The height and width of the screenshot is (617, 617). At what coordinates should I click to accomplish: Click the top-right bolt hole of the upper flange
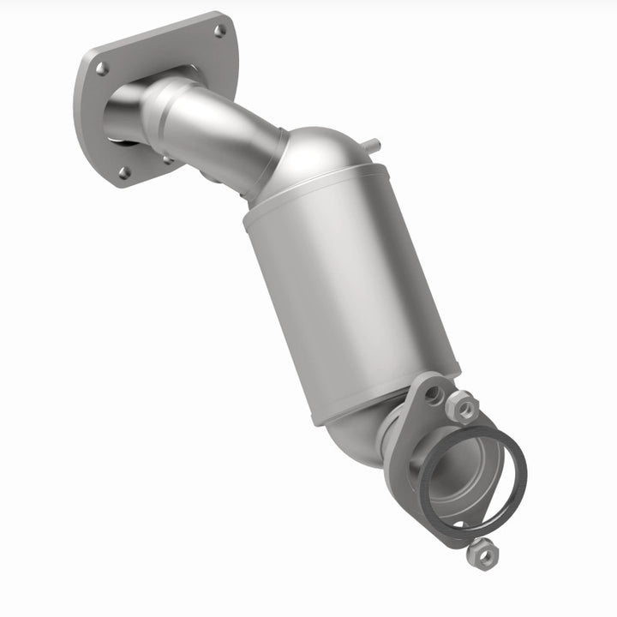pyautogui.click(x=220, y=30)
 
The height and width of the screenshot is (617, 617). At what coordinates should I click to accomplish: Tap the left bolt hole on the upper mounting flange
pyautogui.click(x=102, y=69)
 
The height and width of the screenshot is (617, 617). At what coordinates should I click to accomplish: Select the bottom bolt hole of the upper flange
pyautogui.click(x=125, y=172)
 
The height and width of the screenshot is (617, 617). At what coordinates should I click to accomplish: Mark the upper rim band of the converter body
pyautogui.click(x=317, y=193)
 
